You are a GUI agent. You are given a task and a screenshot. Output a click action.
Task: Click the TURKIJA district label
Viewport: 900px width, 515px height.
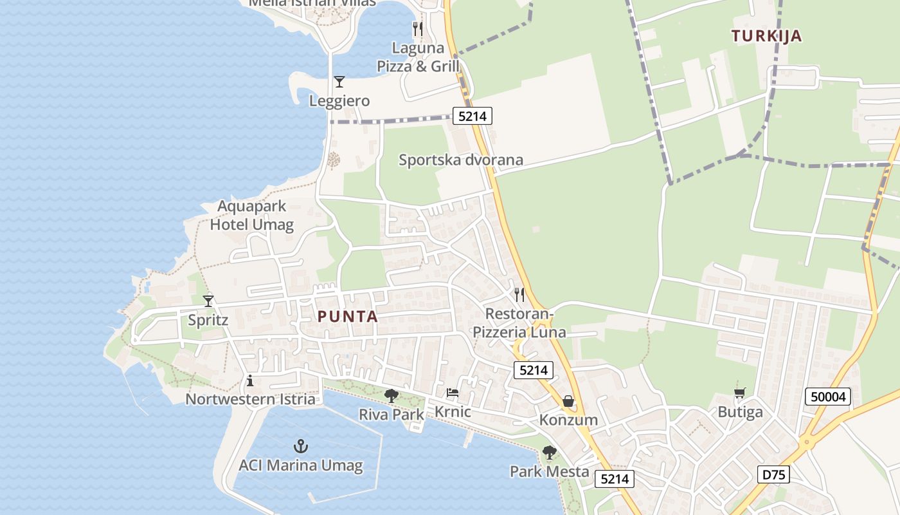click(767, 36)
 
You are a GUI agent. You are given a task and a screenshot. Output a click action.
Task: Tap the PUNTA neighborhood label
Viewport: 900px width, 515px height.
click(347, 317)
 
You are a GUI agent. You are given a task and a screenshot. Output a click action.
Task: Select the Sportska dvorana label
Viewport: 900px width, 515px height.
click(461, 160)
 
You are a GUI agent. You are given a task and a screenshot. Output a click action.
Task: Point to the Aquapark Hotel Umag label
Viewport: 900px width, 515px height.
click(251, 216)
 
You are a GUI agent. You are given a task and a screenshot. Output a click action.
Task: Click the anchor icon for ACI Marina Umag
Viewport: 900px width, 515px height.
click(300, 445)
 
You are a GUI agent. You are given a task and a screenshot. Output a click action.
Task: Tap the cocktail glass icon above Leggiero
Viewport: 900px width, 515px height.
click(339, 82)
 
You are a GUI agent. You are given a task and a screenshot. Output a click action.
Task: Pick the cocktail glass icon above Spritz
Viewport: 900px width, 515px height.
click(208, 301)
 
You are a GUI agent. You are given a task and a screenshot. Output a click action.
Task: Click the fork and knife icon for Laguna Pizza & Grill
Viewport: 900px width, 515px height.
click(418, 28)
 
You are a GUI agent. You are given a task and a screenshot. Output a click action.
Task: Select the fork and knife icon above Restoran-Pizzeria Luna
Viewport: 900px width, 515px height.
click(519, 295)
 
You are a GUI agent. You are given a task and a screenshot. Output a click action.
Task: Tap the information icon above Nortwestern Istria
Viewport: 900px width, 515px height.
click(250, 381)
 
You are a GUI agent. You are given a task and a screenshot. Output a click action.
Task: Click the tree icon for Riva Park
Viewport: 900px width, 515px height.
click(391, 395)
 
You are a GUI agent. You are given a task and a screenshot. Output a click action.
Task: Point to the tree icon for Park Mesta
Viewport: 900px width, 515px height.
click(549, 453)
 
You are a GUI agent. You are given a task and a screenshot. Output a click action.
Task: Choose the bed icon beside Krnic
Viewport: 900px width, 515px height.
click(453, 393)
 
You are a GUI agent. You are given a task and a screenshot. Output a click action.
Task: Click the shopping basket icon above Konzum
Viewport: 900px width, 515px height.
click(568, 401)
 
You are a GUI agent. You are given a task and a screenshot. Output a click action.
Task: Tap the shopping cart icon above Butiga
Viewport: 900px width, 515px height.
click(740, 393)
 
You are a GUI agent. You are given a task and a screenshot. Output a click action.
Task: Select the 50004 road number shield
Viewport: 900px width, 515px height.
click(828, 397)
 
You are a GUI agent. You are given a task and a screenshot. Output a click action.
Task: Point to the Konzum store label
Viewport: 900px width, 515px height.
click(568, 420)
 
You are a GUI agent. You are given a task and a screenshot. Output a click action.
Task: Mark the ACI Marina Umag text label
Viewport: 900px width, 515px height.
click(301, 465)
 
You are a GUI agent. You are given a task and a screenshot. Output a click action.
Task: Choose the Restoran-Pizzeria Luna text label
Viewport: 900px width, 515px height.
click(519, 323)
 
